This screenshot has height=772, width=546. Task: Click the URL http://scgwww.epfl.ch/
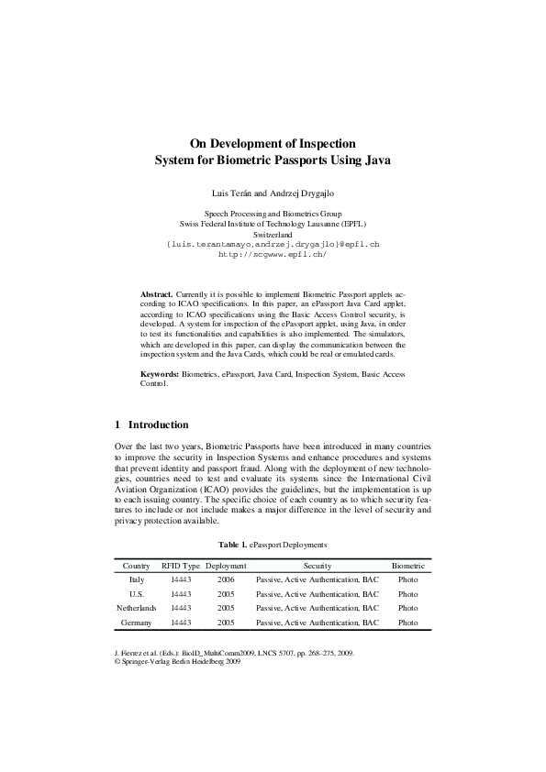[272, 253]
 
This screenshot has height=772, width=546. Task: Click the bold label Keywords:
[159, 374]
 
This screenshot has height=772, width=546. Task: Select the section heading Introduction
[158, 425]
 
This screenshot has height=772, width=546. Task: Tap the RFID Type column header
[180, 566]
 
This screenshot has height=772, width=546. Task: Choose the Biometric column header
[407, 566]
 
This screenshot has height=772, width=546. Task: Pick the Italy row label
[136, 579]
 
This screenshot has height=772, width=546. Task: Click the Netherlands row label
[136, 608]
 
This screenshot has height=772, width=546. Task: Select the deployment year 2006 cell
[225, 579]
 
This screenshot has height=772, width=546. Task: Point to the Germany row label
[136, 623]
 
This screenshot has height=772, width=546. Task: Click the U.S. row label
[136, 594]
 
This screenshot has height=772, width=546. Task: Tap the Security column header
[317, 566]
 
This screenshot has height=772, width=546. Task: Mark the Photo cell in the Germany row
[407, 623]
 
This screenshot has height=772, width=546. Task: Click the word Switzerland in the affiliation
[272, 234]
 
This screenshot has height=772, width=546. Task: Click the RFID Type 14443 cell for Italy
[180, 579]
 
